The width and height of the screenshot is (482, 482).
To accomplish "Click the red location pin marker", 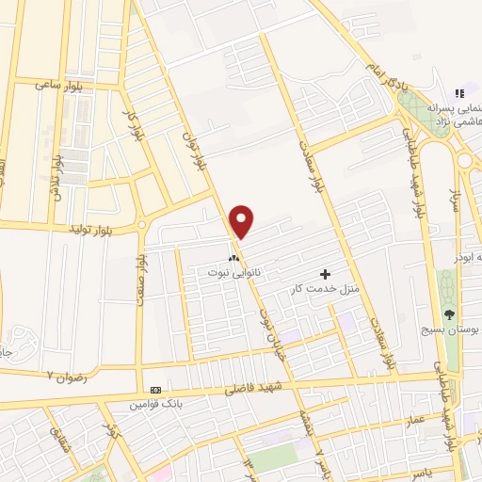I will (x=242, y=220).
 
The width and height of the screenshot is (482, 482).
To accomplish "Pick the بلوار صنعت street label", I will (x=141, y=273).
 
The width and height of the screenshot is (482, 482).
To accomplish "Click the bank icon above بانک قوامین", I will (x=155, y=390).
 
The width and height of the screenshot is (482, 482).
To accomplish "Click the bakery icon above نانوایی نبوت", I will (x=233, y=257).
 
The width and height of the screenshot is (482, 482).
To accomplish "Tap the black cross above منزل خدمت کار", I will (x=326, y=274).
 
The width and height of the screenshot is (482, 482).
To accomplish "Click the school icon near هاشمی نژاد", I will (x=459, y=93).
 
